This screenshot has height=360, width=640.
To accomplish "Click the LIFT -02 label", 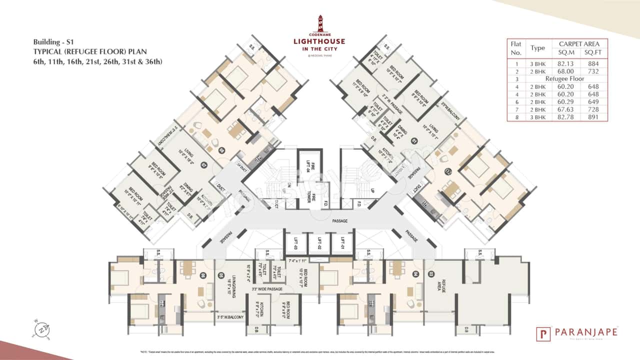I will [319, 243].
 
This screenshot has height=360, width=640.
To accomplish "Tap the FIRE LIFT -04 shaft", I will [308, 165].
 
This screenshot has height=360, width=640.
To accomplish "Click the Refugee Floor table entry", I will [565, 78].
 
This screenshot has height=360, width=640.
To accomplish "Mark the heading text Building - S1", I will [53, 41].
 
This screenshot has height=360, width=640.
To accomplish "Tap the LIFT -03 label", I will [296, 243].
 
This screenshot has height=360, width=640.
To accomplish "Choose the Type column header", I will [537, 48].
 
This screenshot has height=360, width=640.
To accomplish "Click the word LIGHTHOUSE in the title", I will [320, 41].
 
